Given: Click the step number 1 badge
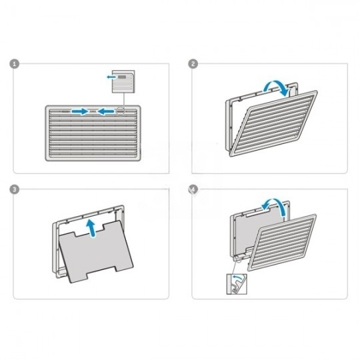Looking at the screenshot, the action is (14, 64).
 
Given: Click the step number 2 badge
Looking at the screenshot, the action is (193, 64).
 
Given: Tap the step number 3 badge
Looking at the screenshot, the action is (14, 189).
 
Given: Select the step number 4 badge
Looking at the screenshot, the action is (193, 189).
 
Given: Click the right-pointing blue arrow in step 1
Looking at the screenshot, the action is (80, 111).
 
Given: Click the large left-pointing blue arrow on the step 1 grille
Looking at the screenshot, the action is (105, 111).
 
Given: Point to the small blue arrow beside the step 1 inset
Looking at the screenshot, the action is (111, 77).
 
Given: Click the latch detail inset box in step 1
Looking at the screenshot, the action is (123, 81).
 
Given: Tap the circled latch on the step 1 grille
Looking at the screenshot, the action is (120, 111).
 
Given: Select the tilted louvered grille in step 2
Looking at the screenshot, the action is (274, 124).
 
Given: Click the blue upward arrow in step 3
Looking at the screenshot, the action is (92, 228).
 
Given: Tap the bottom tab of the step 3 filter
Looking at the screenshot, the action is (101, 275).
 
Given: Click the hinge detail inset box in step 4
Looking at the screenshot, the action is (237, 284).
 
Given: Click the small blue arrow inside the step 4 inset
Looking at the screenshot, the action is (237, 277).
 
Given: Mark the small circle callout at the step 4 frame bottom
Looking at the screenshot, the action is (239, 259).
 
